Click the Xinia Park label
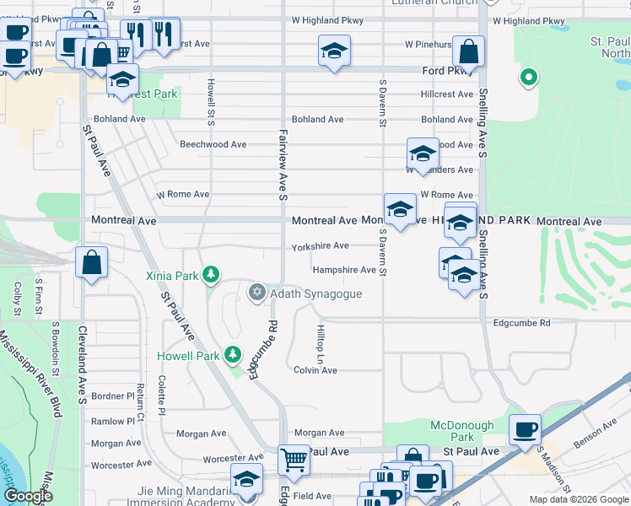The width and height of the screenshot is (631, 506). [171, 276]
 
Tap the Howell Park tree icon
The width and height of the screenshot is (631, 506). [234, 355]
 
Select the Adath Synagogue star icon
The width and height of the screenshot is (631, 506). [256, 293]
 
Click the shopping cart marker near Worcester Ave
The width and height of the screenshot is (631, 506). [294, 460]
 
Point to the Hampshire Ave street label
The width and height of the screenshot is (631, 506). [344, 270]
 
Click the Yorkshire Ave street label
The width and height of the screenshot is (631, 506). [320, 246]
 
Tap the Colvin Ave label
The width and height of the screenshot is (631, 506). [315, 370]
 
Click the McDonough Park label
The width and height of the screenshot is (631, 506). [451, 432]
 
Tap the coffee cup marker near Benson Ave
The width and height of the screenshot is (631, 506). [525, 429]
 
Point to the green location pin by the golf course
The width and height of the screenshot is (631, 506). [529, 78]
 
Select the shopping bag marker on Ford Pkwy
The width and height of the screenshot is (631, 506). [468, 51]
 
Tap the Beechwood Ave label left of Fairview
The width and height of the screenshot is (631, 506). [213, 144]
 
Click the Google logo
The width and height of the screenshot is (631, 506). [27, 496]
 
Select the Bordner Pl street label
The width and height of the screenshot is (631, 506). [113, 396]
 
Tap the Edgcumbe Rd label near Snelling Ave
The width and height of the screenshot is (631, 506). [521, 323]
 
